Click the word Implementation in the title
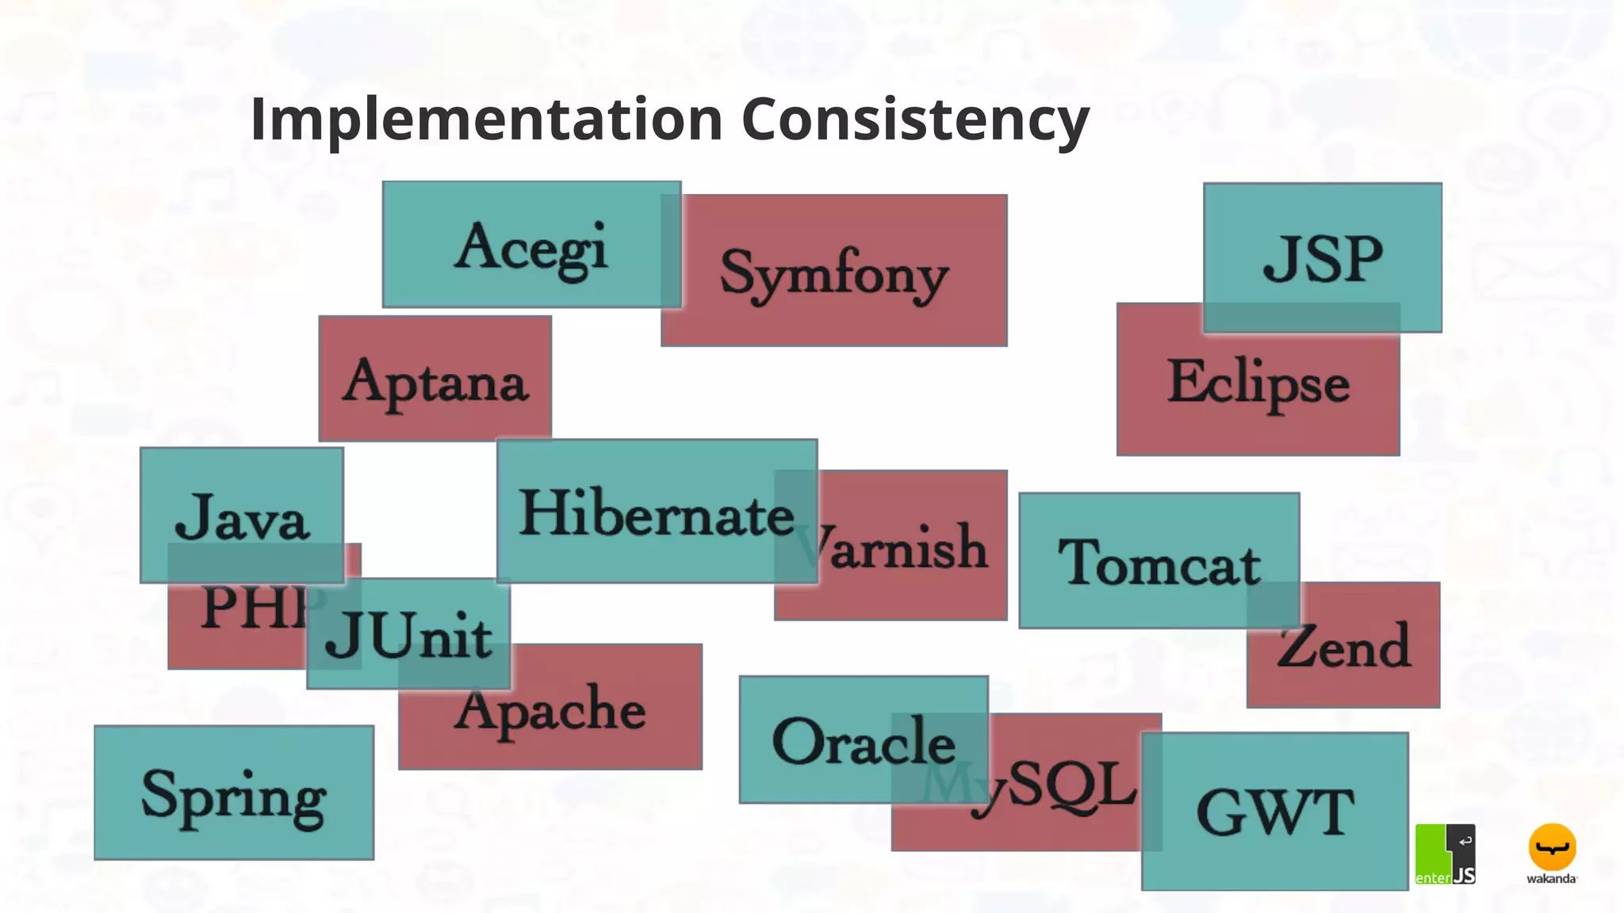(x=485, y=119)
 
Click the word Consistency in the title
(x=915, y=119)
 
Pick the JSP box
(x=1322, y=258)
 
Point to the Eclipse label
(x=1258, y=382)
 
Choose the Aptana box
(x=435, y=380)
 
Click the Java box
(x=241, y=516)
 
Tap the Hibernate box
(x=656, y=513)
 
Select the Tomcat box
(x=1159, y=561)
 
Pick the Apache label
(x=550, y=710)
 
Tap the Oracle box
(x=863, y=740)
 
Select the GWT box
(x=1274, y=812)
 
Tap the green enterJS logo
(x=1445, y=854)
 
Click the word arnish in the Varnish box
(x=909, y=547)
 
